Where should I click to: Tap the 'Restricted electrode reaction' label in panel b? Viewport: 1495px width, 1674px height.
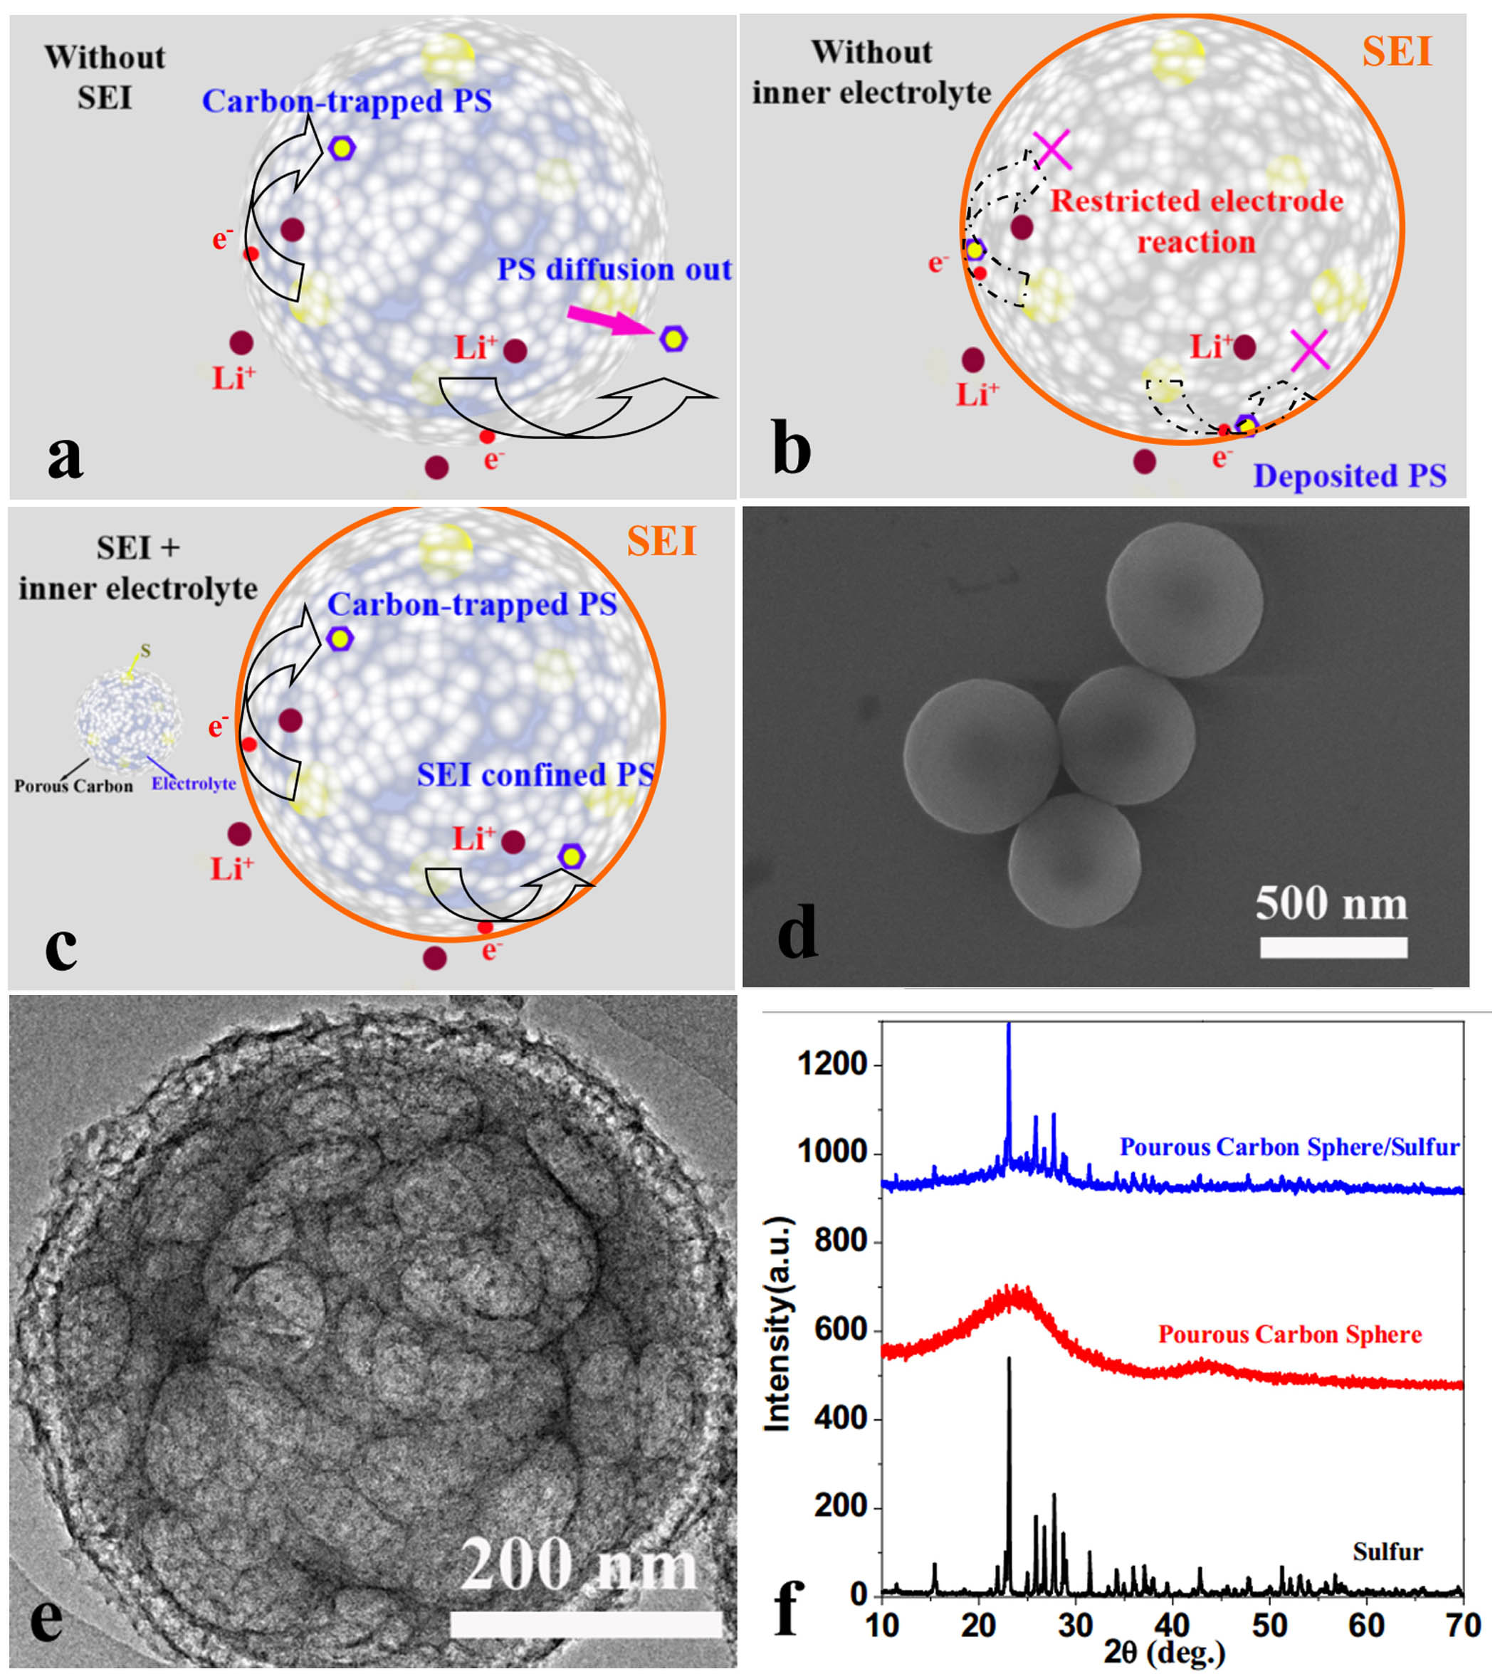pyautogui.click(x=1196, y=221)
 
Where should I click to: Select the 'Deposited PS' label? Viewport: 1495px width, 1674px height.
pyautogui.click(x=1349, y=475)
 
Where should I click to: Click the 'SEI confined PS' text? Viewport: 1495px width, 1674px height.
pyautogui.click(x=535, y=774)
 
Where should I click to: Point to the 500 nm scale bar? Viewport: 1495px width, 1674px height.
pyautogui.click(x=1333, y=947)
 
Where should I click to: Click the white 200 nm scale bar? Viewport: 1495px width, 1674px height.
pyautogui.click(x=585, y=1624)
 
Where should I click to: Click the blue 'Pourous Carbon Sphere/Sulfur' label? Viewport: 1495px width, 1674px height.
pyautogui.click(x=1289, y=1147)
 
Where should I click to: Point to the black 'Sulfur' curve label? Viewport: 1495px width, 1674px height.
pyautogui.click(x=1388, y=1552)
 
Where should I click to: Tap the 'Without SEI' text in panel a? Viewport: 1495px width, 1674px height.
pyautogui.click(x=105, y=77)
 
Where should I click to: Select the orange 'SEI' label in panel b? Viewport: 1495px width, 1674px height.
pyautogui.click(x=1397, y=52)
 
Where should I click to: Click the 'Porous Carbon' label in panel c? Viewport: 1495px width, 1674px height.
pyautogui.click(x=73, y=786)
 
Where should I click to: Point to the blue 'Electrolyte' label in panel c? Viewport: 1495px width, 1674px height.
pyautogui.click(x=193, y=784)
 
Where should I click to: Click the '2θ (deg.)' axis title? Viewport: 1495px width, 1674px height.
pyautogui.click(x=1164, y=1653)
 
